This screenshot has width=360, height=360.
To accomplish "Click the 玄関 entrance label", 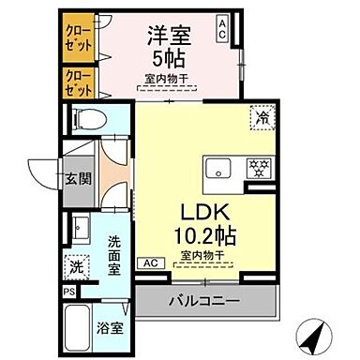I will tap(77, 178).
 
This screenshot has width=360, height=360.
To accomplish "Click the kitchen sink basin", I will tap(218, 170).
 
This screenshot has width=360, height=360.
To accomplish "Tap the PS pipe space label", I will tap(67, 292).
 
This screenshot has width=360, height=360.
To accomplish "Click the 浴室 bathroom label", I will tap(112, 328).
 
